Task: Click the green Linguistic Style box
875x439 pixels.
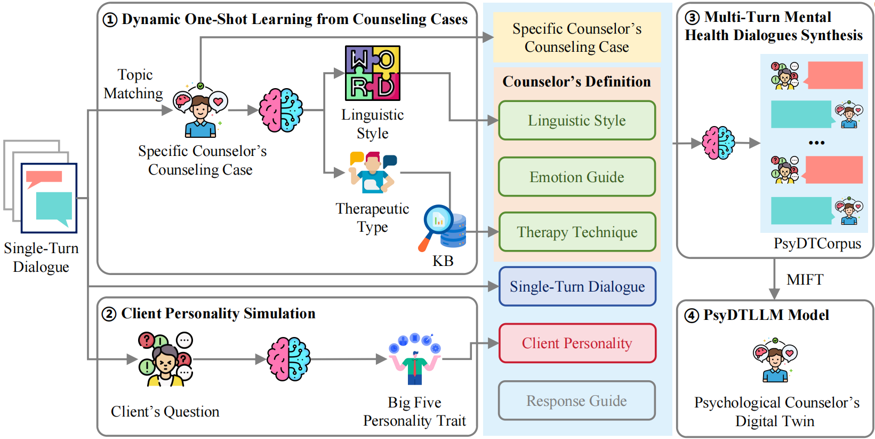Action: click(577, 120)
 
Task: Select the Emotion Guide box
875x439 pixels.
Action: click(577, 177)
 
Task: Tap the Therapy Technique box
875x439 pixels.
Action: click(577, 232)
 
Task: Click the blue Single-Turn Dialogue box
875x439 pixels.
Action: click(577, 286)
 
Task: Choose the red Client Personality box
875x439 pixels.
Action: click(577, 343)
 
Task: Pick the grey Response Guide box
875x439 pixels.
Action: click(577, 401)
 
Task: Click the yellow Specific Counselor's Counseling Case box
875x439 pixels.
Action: click(577, 37)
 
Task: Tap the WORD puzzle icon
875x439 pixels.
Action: click(373, 73)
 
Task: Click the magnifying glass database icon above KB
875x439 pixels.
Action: click(442, 228)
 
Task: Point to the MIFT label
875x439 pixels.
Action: click(805, 279)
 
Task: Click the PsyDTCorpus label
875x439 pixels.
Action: click(817, 244)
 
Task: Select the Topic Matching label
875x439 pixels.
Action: click(134, 84)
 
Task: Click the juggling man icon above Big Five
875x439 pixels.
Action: click(415, 359)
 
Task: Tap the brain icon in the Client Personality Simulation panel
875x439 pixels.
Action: click(288, 359)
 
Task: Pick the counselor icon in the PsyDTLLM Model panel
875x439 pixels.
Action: click(775, 360)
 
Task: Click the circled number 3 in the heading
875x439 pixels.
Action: click(692, 18)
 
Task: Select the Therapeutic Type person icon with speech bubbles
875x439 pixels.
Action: click(373, 173)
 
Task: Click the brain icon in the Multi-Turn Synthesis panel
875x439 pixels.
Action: click(718, 143)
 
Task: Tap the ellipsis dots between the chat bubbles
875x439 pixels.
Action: click(816, 143)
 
